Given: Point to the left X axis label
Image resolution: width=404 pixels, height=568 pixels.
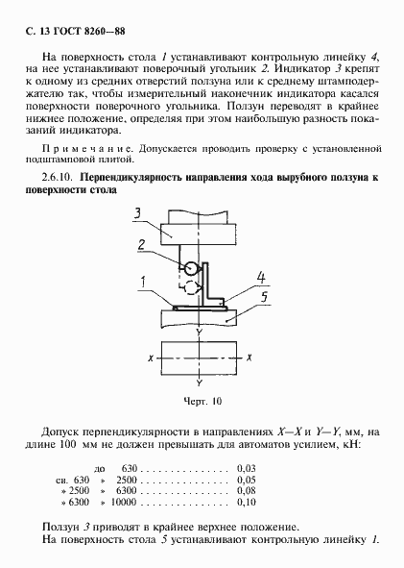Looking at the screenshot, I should tap(152, 357).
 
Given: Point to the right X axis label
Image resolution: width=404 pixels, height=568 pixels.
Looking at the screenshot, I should tap(249, 357).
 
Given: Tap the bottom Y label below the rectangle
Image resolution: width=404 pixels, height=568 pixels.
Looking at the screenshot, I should tap(199, 380).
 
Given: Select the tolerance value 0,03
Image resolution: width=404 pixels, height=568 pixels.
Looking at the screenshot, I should tap(247, 466).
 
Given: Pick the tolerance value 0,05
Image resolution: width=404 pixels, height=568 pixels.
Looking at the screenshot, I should tap(247, 479).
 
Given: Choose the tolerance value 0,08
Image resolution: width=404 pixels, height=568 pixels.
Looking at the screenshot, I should tap(247, 490).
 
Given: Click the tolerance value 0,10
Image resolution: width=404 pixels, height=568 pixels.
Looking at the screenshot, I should tap(247, 502).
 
